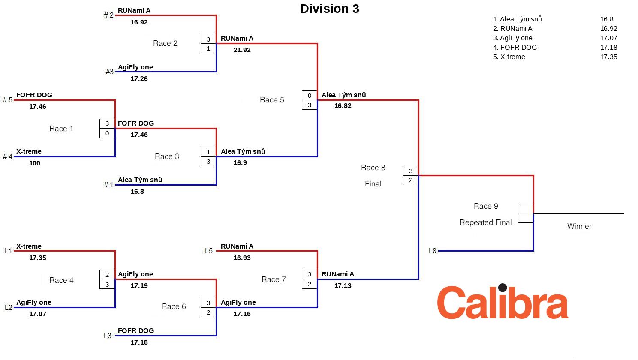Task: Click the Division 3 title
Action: (329, 9)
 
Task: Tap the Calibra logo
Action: (503, 302)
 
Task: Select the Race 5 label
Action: (272, 100)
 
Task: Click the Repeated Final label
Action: (485, 222)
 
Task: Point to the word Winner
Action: (579, 226)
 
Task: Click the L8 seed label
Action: (432, 251)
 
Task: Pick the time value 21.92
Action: (242, 50)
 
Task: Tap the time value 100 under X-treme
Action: (35, 163)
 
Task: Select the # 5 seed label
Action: (8, 100)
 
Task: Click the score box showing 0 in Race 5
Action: (310, 96)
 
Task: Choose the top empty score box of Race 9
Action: (526, 208)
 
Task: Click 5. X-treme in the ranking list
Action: (509, 57)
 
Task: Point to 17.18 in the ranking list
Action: (608, 48)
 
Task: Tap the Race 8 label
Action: (373, 168)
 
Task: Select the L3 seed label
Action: (108, 336)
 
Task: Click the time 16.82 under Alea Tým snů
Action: (343, 106)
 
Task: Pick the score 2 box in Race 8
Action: (411, 180)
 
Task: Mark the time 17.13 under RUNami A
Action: (343, 286)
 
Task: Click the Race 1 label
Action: (61, 129)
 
